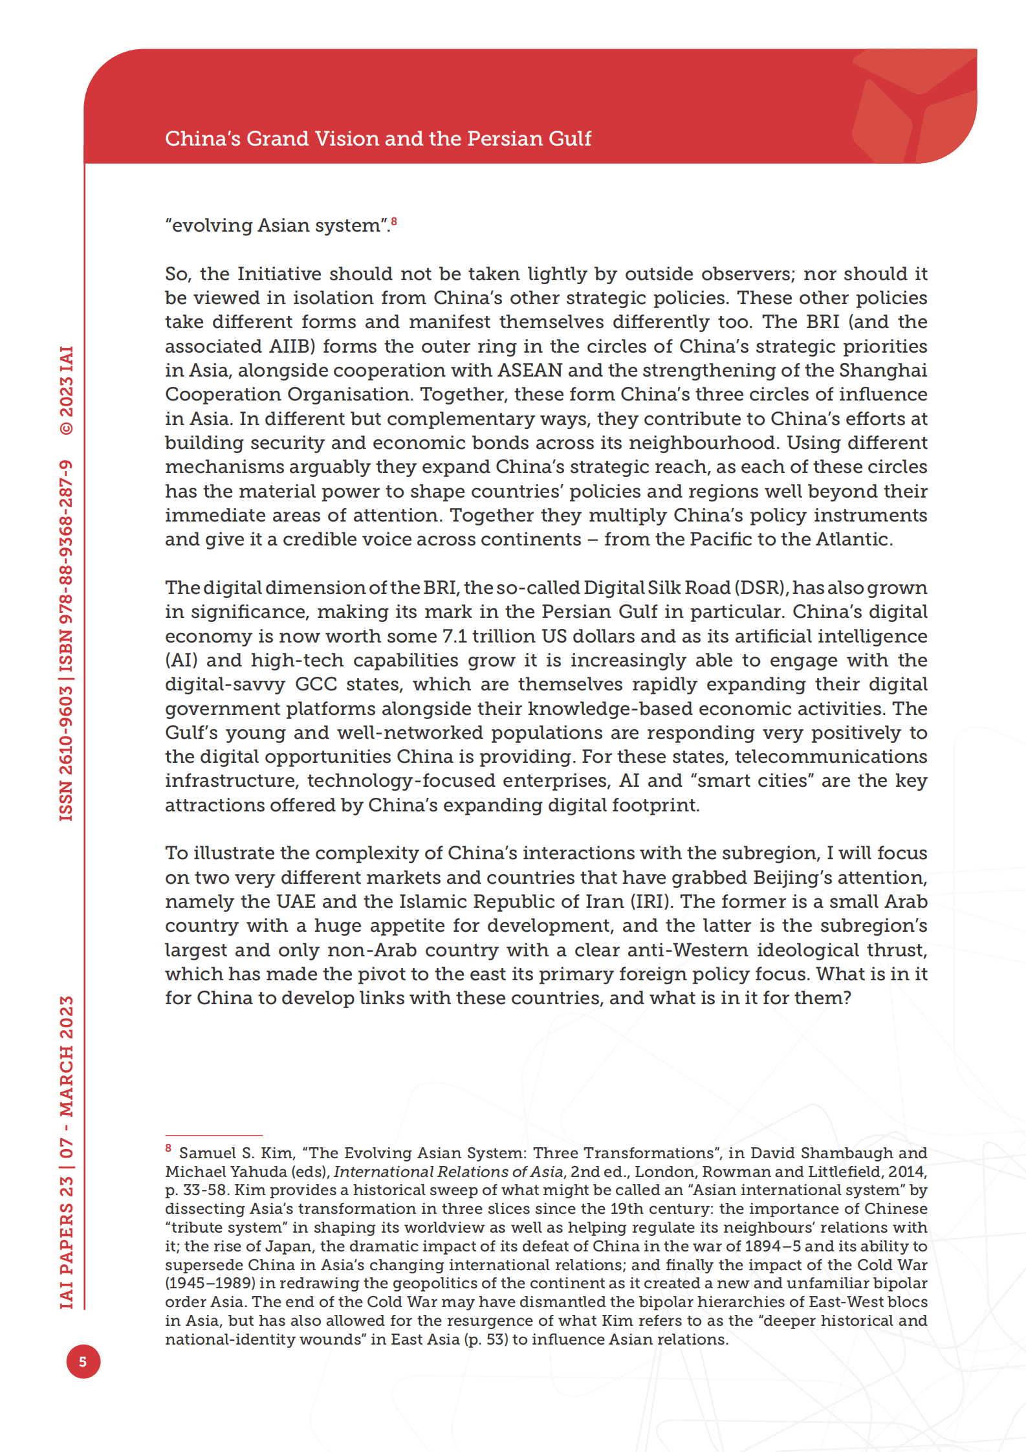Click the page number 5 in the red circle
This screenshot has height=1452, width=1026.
[x=83, y=1361]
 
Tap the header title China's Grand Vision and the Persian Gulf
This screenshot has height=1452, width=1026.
[x=378, y=138]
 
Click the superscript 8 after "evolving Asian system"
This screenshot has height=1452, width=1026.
[x=394, y=222]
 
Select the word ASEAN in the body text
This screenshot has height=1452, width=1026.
[x=530, y=370]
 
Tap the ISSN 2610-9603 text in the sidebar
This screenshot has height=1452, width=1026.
[x=67, y=754]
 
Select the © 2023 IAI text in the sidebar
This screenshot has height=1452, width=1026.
[x=67, y=391]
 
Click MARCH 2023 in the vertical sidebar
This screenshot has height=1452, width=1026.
[x=67, y=1056]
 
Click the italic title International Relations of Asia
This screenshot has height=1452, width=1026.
[x=448, y=1172]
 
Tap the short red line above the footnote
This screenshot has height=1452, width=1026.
[x=213, y=1136]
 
